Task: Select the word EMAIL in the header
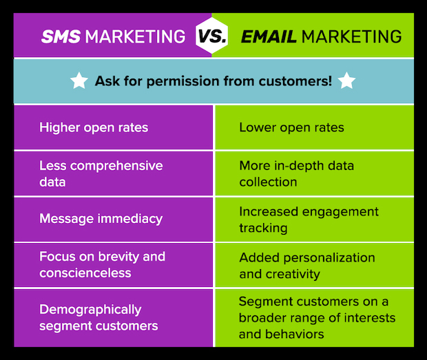(x=267, y=36)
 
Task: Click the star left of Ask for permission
(x=79, y=81)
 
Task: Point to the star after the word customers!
(x=346, y=81)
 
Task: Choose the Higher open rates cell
(x=94, y=127)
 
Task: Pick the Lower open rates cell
(x=291, y=127)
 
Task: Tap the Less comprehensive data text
(x=101, y=173)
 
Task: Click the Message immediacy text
(x=101, y=219)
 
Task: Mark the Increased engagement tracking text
(x=309, y=219)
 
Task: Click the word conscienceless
(x=85, y=273)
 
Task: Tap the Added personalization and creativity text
(x=306, y=265)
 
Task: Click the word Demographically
(x=90, y=310)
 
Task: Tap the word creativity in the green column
(x=292, y=274)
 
